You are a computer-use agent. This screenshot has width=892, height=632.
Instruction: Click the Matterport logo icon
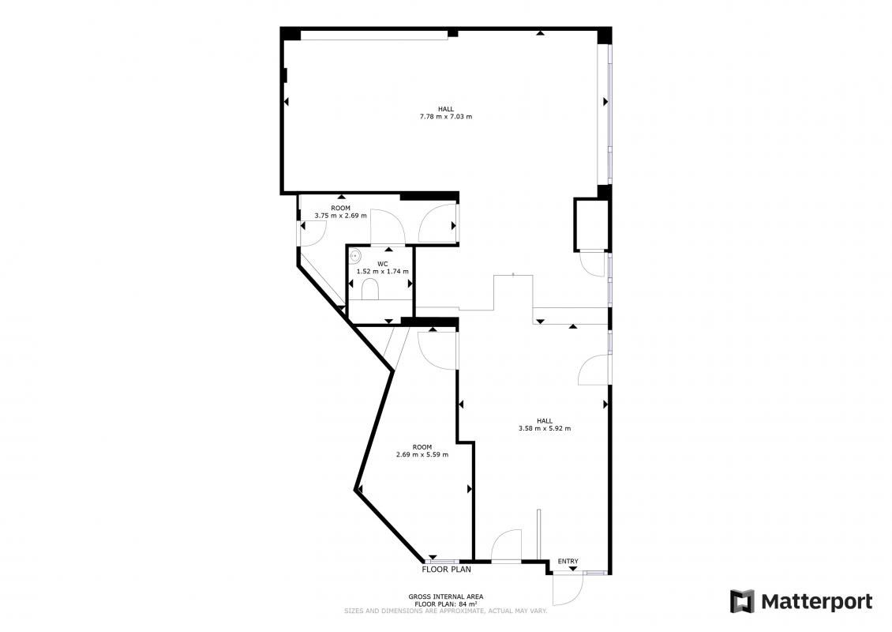pyautogui.click(x=742, y=601)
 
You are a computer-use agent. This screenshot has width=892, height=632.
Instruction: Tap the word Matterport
pyautogui.click(x=817, y=602)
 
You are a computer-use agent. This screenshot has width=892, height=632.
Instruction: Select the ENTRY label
pyautogui.click(x=568, y=562)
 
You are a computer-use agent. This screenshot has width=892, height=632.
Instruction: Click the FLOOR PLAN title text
pyautogui.click(x=447, y=569)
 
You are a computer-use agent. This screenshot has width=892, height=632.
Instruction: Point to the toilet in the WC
pyautogui.click(x=370, y=288)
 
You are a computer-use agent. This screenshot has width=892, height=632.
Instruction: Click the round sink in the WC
pyautogui.click(x=355, y=256)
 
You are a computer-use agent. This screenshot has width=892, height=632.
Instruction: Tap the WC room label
pyautogui.click(x=382, y=264)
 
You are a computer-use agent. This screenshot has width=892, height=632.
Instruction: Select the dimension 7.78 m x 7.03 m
pyautogui.click(x=446, y=117)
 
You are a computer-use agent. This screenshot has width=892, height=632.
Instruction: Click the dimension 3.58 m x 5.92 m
pyautogui.click(x=545, y=428)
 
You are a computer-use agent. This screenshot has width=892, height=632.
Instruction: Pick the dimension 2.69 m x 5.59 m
pyautogui.click(x=422, y=454)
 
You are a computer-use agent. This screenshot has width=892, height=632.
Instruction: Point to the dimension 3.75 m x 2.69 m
pyautogui.click(x=341, y=216)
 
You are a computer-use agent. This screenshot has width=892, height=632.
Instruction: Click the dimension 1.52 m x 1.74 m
pyautogui.click(x=382, y=272)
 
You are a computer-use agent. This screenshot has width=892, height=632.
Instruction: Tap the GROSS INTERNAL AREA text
pyautogui.click(x=446, y=596)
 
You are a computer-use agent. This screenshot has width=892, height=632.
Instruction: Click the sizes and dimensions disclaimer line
pyautogui.click(x=446, y=611)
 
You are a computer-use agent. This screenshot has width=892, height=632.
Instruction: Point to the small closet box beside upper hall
pyautogui.click(x=591, y=225)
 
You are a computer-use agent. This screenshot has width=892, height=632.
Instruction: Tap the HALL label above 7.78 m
pyautogui.click(x=446, y=109)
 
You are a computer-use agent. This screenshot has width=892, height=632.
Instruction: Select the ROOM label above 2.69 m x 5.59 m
pyautogui.click(x=422, y=447)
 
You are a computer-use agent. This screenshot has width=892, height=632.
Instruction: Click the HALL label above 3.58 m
pyautogui.click(x=545, y=421)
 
